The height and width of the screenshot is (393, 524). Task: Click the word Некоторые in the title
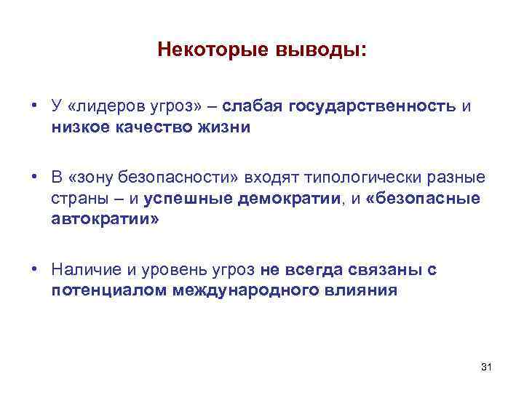[x=211, y=51]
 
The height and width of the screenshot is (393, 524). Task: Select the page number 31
[x=487, y=368]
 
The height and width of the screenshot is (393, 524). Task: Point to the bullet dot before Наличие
[x=34, y=270]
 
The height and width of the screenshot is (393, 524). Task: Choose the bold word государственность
[x=373, y=108]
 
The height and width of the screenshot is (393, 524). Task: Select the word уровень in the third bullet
[x=184, y=271]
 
